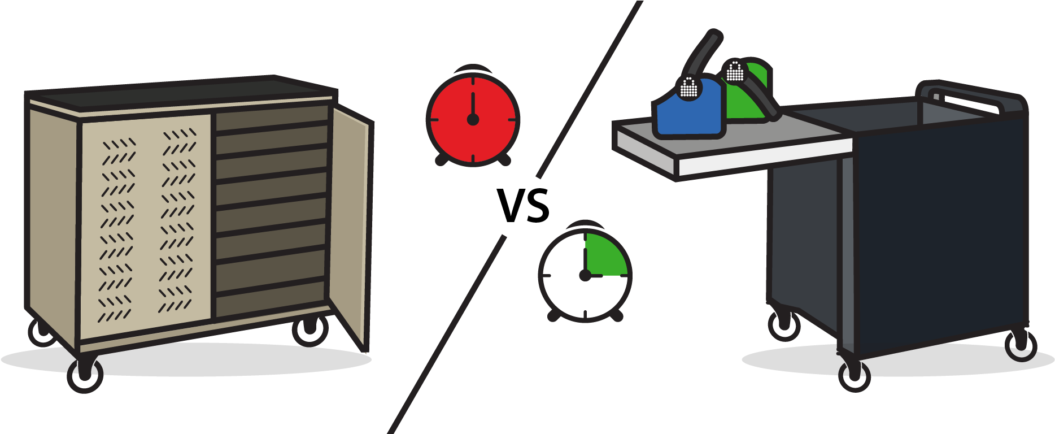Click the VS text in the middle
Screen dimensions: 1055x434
tap(524, 206)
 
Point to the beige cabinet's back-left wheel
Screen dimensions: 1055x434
tap(42, 333)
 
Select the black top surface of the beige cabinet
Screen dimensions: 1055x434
tap(181, 92)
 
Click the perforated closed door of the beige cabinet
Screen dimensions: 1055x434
tap(146, 220)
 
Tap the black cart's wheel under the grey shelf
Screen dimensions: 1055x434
tap(784, 325)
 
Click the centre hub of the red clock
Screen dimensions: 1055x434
tap(473, 119)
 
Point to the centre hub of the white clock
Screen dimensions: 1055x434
tap(585, 275)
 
